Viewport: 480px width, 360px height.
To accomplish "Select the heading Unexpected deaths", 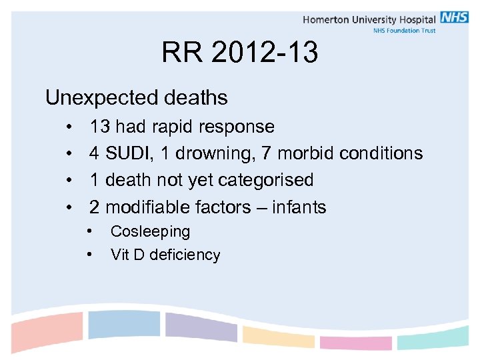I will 136,98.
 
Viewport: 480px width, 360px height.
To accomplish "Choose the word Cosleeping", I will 150,231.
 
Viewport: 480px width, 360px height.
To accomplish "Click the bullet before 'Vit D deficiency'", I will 90,255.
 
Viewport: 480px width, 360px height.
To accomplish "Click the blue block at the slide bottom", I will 124,325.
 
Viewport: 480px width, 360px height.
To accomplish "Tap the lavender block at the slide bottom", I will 201,327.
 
